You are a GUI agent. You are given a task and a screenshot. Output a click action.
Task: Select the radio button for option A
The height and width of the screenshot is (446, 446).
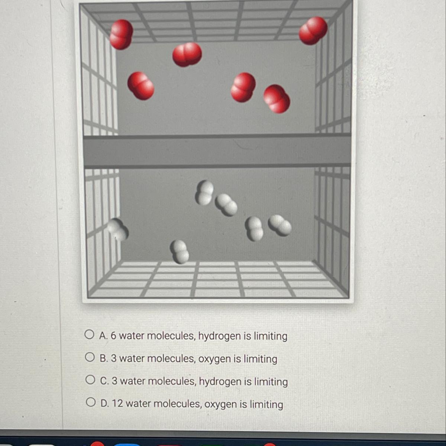tap(89, 334)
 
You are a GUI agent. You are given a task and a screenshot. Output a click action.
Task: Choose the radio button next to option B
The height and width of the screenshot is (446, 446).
tap(90, 357)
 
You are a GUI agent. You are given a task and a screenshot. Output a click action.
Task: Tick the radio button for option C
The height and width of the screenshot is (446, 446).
tap(90, 379)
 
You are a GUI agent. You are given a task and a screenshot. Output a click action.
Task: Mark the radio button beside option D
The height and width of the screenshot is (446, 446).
tap(91, 402)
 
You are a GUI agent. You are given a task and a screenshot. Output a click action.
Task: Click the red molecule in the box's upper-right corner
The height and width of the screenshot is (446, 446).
tap(313, 31)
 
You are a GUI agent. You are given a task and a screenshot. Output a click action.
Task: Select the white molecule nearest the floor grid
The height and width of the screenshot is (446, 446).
tap(180, 252)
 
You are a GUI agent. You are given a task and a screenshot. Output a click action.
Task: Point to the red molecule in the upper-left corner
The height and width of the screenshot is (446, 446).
tap(121, 35)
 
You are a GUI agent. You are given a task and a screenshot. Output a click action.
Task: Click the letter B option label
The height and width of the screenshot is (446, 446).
tap(104, 359)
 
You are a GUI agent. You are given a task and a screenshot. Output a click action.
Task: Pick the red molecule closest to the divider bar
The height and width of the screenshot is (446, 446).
tap(277, 99)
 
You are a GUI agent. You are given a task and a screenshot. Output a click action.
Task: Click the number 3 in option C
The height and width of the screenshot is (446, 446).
tap(114, 381)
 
